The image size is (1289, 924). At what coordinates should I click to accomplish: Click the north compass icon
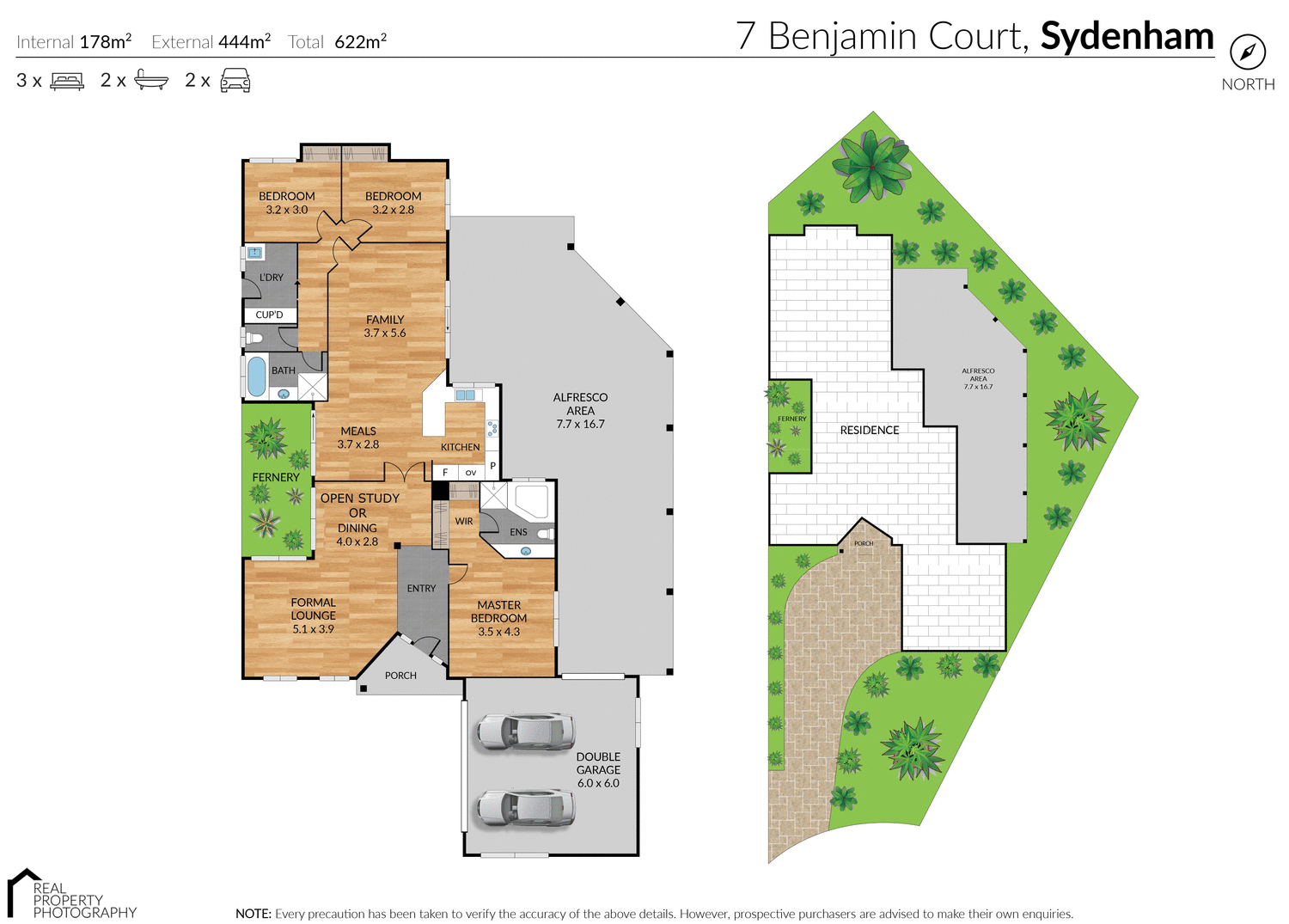[1247, 52]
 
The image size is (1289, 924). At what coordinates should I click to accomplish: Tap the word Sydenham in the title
[1127, 36]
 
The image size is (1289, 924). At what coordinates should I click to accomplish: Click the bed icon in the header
[67, 81]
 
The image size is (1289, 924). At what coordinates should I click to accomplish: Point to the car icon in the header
[235, 81]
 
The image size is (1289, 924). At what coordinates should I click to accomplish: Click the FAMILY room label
[384, 326]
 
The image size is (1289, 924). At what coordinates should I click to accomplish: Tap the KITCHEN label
[460, 447]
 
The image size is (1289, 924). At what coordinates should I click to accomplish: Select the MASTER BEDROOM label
[498, 618]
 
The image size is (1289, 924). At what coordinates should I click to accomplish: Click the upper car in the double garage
[525, 731]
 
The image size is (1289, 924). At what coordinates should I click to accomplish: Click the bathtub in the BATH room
[256, 376]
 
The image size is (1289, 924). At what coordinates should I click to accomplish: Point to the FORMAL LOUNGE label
[313, 615]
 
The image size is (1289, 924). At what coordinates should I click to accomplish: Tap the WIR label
[464, 521]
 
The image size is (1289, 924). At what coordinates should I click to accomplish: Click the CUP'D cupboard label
[269, 315]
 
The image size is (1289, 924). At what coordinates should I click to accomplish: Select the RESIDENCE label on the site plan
[869, 430]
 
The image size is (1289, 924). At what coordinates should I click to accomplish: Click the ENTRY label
[421, 588]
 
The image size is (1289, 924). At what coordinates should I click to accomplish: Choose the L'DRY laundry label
[272, 277]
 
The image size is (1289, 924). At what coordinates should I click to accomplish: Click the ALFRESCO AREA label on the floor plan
[580, 410]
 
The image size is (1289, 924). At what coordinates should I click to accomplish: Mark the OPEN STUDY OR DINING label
[358, 519]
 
